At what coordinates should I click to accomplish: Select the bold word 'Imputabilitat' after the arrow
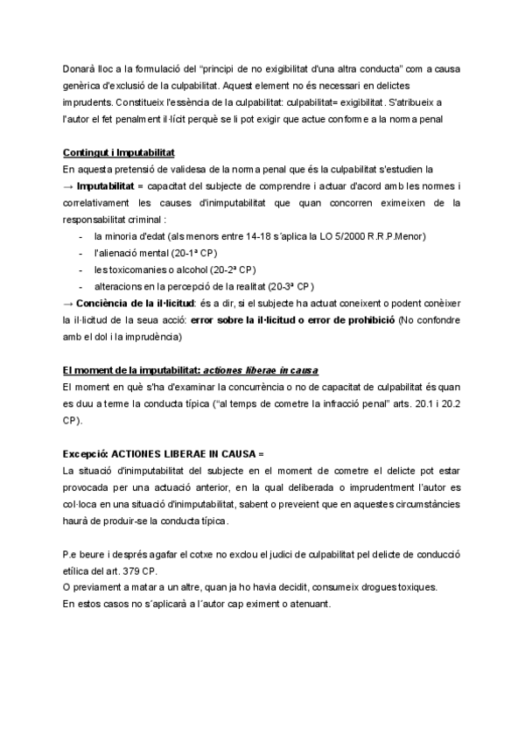pos(108,186)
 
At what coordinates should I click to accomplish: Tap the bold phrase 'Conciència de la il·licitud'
pos(131,303)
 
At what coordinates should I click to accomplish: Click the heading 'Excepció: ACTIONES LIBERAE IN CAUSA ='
pos(163,455)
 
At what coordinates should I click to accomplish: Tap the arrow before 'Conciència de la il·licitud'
pos(68,303)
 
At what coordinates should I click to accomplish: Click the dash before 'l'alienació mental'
pos(80,253)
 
